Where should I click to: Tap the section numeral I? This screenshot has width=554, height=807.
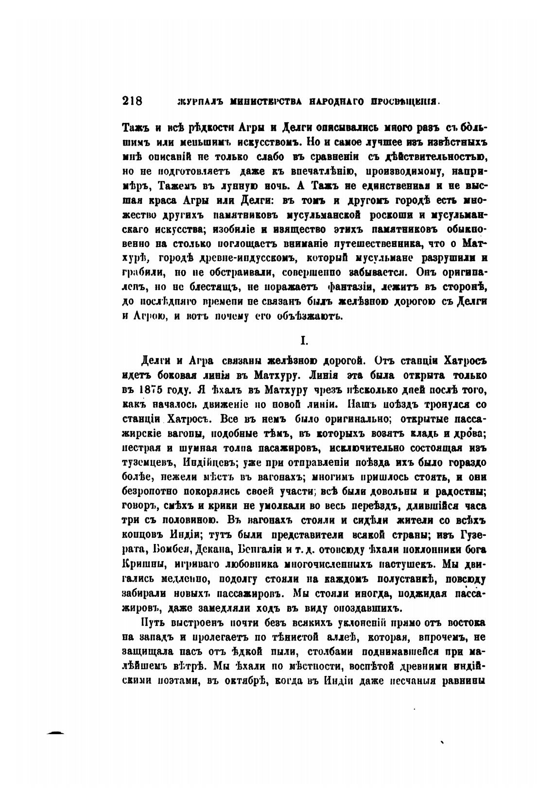point(304,341)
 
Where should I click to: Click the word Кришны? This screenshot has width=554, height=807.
point(140,564)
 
